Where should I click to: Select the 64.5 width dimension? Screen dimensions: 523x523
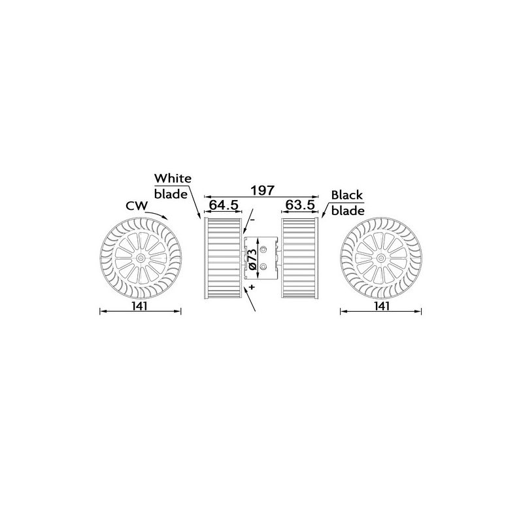223,205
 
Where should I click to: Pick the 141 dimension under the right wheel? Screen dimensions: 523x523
382,305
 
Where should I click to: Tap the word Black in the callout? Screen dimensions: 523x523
346,195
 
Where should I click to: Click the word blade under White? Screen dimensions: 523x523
170,194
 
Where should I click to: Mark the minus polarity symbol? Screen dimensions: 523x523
250,220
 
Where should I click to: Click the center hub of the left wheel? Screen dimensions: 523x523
141,259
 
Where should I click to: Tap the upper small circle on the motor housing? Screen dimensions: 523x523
263,250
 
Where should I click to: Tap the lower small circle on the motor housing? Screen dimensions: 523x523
263,267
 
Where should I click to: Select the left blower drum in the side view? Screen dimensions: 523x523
223,259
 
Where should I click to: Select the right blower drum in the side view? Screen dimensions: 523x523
299,259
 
